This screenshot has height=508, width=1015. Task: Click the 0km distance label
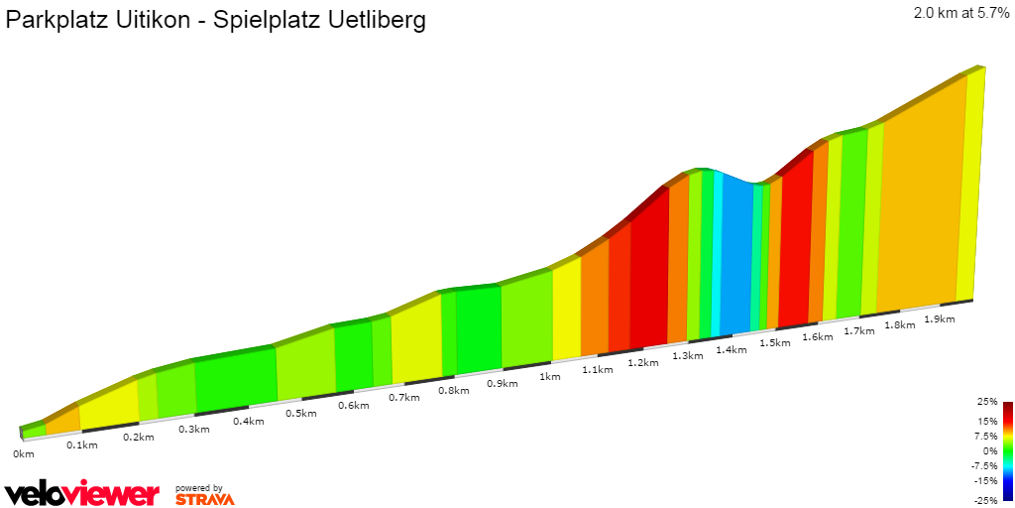tap(24, 453)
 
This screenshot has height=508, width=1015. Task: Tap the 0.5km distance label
tap(300, 413)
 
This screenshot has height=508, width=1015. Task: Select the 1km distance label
tap(549, 376)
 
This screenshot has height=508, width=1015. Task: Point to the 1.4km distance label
tap(731, 349)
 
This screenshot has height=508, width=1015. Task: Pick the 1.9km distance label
tap(939, 318)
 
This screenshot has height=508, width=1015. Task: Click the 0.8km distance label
tap(453, 390)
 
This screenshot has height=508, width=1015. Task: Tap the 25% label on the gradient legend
tap(986, 402)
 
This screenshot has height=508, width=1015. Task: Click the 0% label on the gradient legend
tap(989, 450)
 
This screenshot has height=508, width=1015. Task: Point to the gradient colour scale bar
tap(1007, 450)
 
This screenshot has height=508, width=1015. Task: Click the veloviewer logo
tap(81, 493)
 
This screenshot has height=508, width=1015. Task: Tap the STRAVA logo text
tap(204, 499)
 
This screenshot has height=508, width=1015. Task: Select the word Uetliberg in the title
tap(375, 21)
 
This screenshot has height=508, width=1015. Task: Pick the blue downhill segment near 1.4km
tap(736, 258)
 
